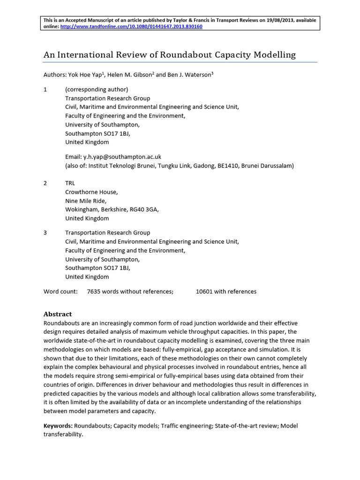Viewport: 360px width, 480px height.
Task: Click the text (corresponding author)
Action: [x=97, y=90]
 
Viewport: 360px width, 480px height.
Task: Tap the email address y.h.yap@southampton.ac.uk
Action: [x=122, y=157]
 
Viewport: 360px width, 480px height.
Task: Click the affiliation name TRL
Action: [x=70, y=183]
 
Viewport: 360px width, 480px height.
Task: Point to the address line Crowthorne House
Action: [x=91, y=192]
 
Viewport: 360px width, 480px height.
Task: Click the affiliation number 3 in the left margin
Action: [x=45, y=232]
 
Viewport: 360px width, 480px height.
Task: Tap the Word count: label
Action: [x=60, y=292]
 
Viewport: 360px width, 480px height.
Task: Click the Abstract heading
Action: [x=58, y=314]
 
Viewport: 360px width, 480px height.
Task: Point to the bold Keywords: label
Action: [x=58, y=426]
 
